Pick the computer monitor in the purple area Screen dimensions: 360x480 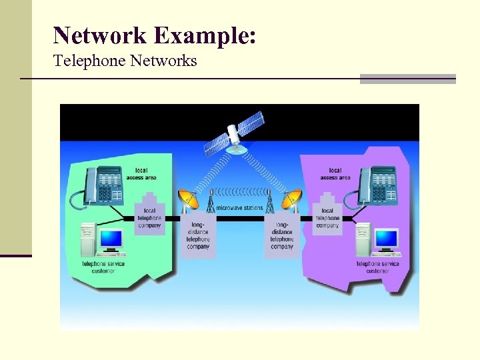point(385,239)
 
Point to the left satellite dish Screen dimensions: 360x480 point(189,199)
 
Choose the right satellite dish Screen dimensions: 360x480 point(292,199)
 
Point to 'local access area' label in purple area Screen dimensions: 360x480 point(335,174)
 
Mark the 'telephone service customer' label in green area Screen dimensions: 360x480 point(103,267)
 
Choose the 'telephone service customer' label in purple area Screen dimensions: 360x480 point(377,267)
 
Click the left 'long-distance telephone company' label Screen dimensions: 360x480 point(198,236)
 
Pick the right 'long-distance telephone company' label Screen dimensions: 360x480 point(282,236)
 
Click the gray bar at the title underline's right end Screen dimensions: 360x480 point(407,79)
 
